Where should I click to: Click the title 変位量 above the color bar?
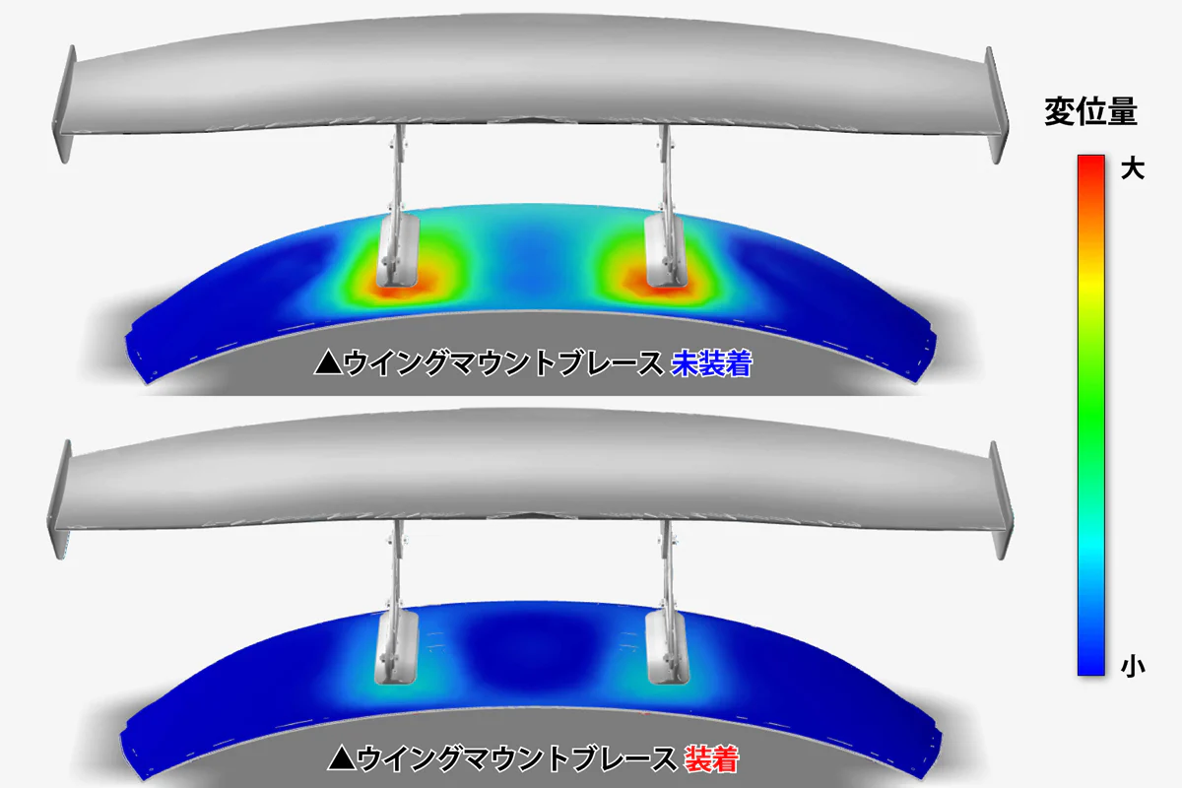[1090, 111]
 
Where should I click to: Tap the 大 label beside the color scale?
[1133, 169]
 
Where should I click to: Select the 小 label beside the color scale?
[1133, 667]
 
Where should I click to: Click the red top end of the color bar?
[1090, 161]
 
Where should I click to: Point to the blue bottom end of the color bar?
[1090, 668]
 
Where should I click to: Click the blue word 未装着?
[711, 363]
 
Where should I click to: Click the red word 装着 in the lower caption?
[711, 759]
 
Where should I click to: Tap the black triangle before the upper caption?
[328, 363]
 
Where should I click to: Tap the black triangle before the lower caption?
[342, 758]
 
